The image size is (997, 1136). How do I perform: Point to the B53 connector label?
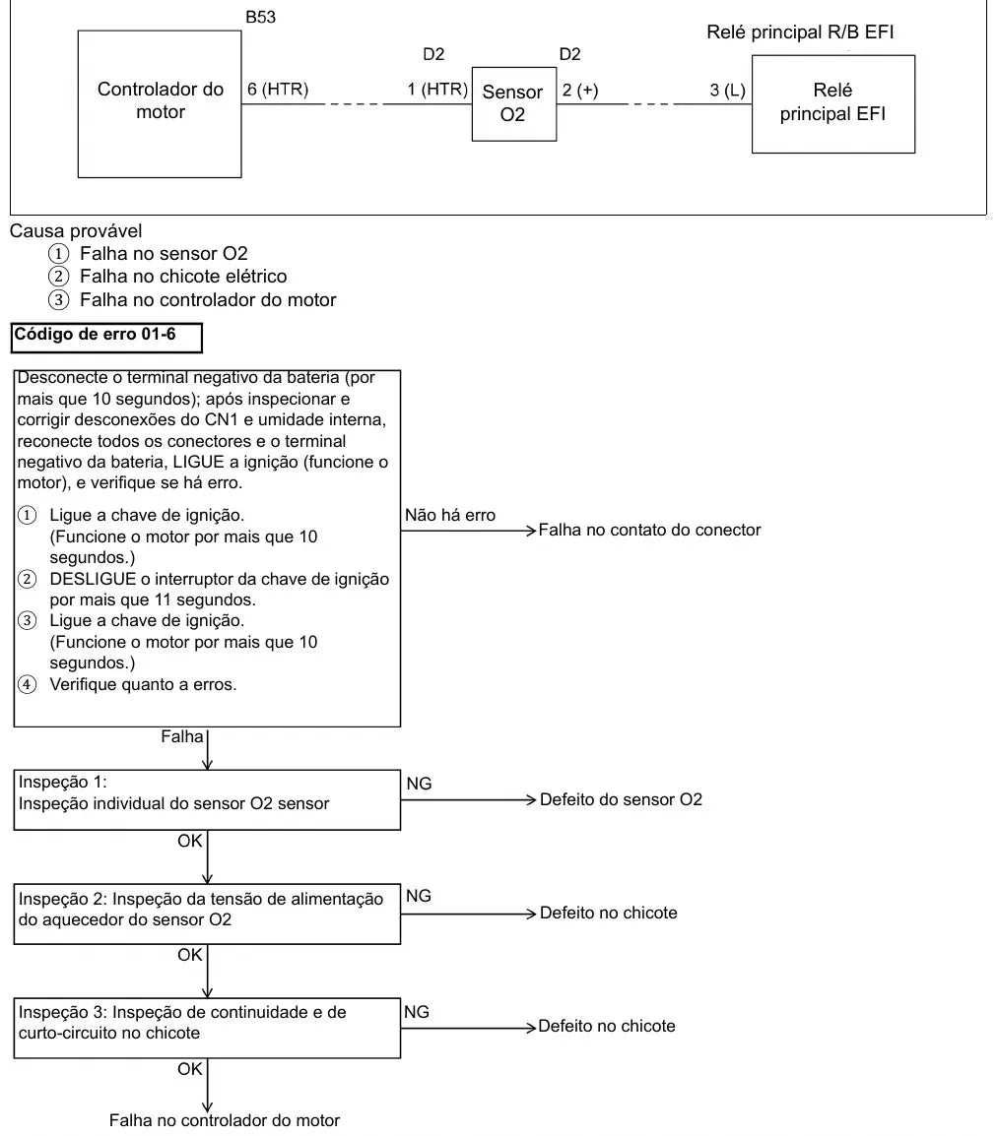260,17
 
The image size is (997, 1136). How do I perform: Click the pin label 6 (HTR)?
278,90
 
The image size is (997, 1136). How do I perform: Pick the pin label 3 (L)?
727,90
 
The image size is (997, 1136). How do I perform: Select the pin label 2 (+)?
580,90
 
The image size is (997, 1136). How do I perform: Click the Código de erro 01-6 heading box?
106,338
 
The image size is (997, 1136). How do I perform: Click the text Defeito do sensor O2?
621,799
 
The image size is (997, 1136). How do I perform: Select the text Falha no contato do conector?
649,530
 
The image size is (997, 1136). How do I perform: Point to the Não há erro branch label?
450,515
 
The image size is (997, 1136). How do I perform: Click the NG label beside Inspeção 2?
419,896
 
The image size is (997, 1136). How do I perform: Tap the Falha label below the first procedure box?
182,736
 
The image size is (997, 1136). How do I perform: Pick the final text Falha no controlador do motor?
225,1120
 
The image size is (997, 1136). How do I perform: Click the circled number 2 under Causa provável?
59,276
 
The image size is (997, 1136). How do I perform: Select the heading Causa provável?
76,231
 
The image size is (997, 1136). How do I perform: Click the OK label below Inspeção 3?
190,1069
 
